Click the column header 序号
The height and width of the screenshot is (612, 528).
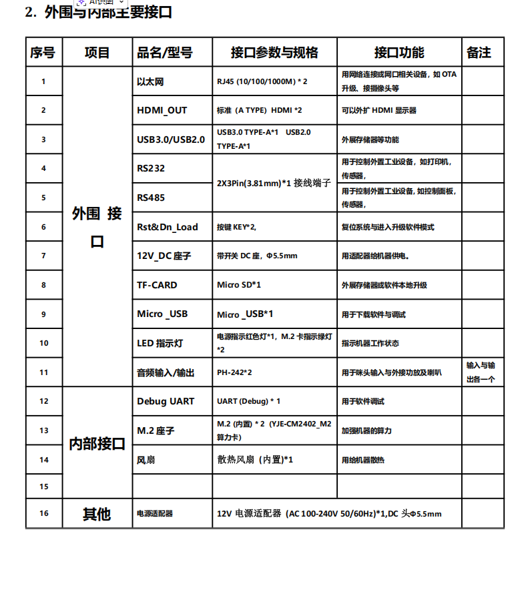tap(43, 52)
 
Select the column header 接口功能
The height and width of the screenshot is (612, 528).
tap(399, 52)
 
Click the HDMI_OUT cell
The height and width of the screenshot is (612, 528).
tap(162, 110)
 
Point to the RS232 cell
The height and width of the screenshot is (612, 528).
tap(151, 168)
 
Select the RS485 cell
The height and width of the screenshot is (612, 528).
tap(151, 198)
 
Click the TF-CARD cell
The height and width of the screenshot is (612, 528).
tap(158, 285)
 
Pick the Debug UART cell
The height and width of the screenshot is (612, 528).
tap(166, 401)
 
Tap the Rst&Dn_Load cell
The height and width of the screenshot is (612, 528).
tap(168, 227)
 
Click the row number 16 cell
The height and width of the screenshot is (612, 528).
tap(43, 513)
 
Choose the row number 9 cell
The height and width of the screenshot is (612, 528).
tap(43, 314)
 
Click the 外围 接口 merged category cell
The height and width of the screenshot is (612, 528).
tap(97, 227)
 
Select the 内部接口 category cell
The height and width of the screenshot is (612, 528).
tap(97, 444)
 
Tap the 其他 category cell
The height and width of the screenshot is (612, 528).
tap(97, 514)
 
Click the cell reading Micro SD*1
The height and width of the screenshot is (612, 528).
tap(239, 285)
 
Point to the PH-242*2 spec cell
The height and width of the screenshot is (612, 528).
tap(234, 372)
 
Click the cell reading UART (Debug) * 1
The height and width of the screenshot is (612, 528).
tap(248, 401)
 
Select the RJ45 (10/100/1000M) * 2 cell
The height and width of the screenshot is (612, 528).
tap(262, 81)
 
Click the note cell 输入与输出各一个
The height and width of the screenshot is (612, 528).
tap(481, 372)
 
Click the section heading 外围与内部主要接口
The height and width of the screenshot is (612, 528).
tap(107, 12)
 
